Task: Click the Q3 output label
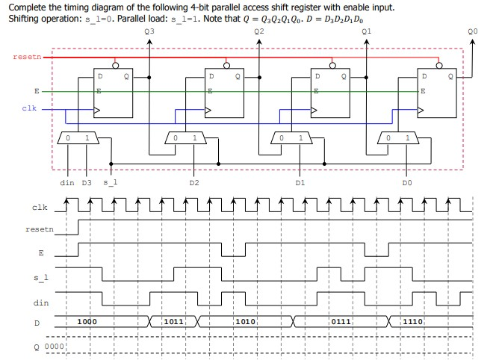point(150,32)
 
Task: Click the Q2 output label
point(258,32)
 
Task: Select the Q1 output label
point(365,32)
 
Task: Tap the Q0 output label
point(472,32)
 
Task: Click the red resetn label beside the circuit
point(27,57)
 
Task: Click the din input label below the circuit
point(66,182)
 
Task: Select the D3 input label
point(86,182)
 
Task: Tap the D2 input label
point(194,182)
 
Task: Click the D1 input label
point(300,182)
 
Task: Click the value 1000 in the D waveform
point(87,321)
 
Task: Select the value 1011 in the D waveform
point(173,321)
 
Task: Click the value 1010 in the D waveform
point(246,321)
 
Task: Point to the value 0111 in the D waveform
point(341,321)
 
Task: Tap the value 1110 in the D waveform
point(413,321)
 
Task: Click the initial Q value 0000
point(55,347)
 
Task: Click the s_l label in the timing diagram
point(42,277)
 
